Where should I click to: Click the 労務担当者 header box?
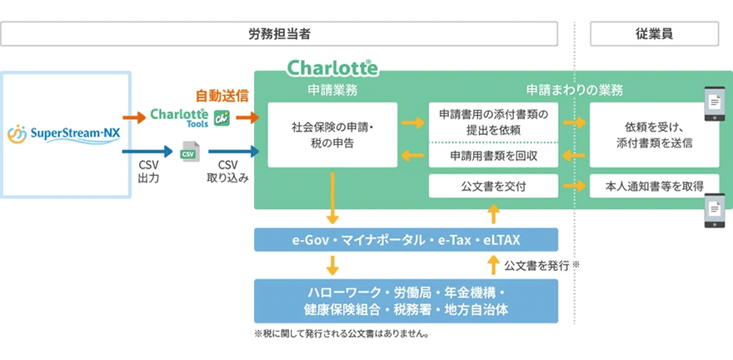point(279,33)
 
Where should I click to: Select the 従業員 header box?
point(654,33)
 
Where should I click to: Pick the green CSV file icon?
point(188,152)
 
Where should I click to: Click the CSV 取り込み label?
point(227,172)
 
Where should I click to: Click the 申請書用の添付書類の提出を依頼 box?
point(493,122)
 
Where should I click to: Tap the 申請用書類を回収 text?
point(493,156)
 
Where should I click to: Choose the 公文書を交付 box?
point(493,186)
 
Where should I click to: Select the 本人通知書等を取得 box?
point(654,186)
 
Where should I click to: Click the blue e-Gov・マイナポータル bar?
point(406,240)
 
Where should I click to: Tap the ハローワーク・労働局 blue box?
point(406,301)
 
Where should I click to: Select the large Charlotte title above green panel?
point(332,67)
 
